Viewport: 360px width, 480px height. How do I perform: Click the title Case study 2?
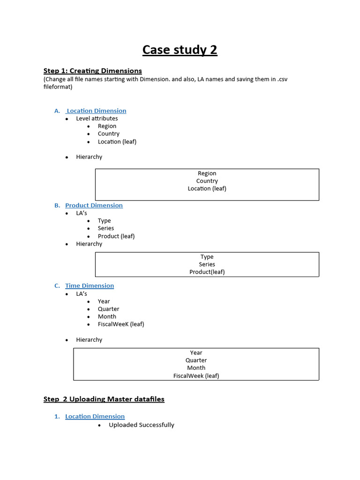(180, 50)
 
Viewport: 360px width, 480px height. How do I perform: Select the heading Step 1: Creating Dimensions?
(92, 71)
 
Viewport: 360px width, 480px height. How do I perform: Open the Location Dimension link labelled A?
(96, 111)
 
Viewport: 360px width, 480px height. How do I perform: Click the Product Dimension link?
(94, 205)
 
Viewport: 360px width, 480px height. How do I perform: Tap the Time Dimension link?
(90, 285)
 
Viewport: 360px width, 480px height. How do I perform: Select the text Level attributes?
(97, 119)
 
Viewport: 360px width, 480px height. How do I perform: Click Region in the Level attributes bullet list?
(107, 126)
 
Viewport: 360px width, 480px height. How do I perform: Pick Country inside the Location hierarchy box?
(207, 181)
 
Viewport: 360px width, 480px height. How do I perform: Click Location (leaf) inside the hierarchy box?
(207, 188)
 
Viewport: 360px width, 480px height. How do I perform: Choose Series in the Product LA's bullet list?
(106, 228)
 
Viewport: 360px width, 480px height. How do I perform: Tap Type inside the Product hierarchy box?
(207, 257)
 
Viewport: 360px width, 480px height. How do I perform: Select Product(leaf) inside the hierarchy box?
(207, 272)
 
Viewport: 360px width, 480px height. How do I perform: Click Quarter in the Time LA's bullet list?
(108, 309)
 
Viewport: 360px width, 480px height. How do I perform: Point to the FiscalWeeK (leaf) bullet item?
(121, 324)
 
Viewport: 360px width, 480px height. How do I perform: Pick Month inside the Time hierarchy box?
(196, 368)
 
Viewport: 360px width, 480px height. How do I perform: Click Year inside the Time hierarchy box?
(196, 352)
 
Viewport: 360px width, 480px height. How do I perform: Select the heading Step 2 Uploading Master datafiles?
(104, 399)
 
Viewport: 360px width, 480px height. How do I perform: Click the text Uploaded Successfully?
(142, 425)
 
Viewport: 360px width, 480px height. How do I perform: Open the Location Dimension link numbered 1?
(95, 416)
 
